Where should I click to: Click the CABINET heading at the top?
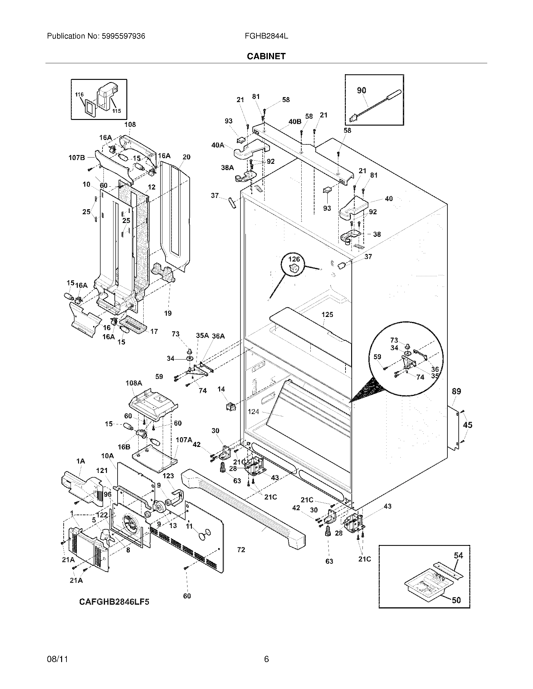pos(266,56)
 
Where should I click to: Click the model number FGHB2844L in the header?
pos(266,36)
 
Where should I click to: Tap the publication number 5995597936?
pos(123,36)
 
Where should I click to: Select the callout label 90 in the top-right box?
pos(361,91)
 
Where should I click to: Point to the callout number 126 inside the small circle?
pos(294,259)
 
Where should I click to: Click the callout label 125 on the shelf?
pos(327,314)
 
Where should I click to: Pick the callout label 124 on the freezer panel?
pos(254,412)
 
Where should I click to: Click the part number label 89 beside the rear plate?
pos(456,391)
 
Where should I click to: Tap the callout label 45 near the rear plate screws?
pos(467,425)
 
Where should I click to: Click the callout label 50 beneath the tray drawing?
pos(456,600)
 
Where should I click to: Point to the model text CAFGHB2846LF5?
pos(114,602)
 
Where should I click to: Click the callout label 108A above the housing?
pos(134,383)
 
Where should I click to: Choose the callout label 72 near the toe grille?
pos(241,550)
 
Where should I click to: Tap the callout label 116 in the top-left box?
pos(79,94)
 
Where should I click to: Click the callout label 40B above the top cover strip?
pos(295,122)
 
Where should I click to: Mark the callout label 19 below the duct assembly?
pos(168,313)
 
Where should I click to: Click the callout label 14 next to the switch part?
pos(221,389)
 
